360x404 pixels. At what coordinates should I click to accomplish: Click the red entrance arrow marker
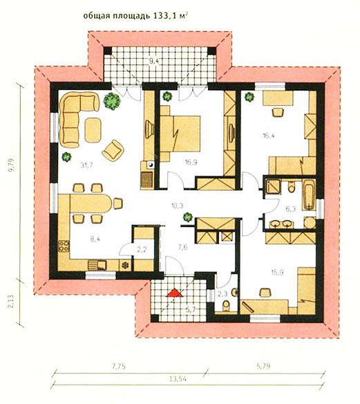click(x=175, y=293)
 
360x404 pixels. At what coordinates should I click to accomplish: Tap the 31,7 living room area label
click(x=86, y=165)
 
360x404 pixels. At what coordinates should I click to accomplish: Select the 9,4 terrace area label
click(x=154, y=61)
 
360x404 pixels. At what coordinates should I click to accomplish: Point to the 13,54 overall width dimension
click(x=178, y=379)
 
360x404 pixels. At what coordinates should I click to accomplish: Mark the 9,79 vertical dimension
click(x=12, y=165)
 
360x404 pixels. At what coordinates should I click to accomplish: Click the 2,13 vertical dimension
click(x=12, y=302)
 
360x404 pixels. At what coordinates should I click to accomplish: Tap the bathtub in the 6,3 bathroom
click(x=309, y=195)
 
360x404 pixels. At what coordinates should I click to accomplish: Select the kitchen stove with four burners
click(x=64, y=246)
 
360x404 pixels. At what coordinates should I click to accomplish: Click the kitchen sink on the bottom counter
click(x=97, y=265)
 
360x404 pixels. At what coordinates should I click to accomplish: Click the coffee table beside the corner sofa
click(x=93, y=130)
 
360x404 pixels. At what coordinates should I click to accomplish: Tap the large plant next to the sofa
click(x=112, y=101)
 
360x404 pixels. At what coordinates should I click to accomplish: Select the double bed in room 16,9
click(x=180, y=134)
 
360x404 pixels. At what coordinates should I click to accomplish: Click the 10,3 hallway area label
click(x=178, y=205)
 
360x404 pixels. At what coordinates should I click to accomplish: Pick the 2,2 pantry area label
click(x=141, y=249)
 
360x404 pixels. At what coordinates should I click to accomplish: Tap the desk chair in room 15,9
click(x=266, y=293)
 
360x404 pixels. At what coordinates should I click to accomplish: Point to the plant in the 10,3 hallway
click(x=188, y=217)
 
